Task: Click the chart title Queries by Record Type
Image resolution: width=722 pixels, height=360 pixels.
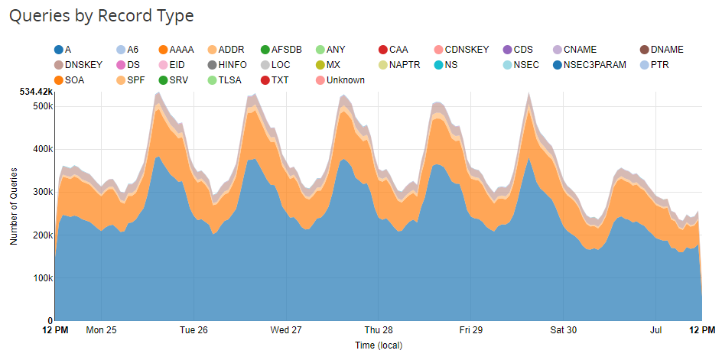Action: (x=101, y=16)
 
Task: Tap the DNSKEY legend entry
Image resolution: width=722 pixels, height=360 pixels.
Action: (x=83, y=65)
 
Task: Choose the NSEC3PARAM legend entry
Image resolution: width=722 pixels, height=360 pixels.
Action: (x=594, y=65)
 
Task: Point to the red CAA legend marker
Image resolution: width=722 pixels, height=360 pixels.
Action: (x=383, y=50)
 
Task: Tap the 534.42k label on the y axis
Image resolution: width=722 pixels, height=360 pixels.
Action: (x=35, y=92)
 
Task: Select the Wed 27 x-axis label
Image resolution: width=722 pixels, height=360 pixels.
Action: (x=285, y=330)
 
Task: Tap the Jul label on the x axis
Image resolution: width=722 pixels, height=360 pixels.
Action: (x=656, y=330)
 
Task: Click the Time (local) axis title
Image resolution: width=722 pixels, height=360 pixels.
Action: (x=379, y=345)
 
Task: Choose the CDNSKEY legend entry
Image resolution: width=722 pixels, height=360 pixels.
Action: (x=466, y=50)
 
